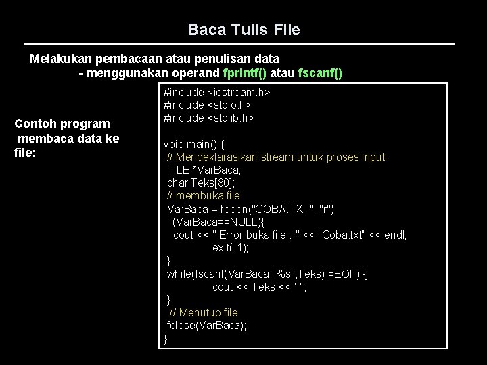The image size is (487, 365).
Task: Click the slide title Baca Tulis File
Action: coord(243,30)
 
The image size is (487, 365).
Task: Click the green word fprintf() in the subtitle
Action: coord(256,73)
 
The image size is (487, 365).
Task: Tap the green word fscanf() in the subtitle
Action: coord(320,73)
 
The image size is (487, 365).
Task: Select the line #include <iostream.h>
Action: coord(217,92)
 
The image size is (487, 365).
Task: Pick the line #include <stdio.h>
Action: coord(209,105)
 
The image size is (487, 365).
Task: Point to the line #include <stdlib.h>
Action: coord(209,118)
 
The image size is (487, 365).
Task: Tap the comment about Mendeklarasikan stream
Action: coord(276,157)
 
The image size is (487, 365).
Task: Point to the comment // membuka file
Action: coord(203,195)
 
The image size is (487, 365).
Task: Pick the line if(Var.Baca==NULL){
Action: coord(216,222)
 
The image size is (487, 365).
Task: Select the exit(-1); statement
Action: coord(230,247)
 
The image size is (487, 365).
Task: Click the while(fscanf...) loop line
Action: coord(267,274)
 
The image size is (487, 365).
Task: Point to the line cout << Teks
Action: coord(260,287)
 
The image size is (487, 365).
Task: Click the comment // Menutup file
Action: coord(203,313)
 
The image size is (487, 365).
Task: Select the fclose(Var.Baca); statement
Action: coord(207,326)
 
